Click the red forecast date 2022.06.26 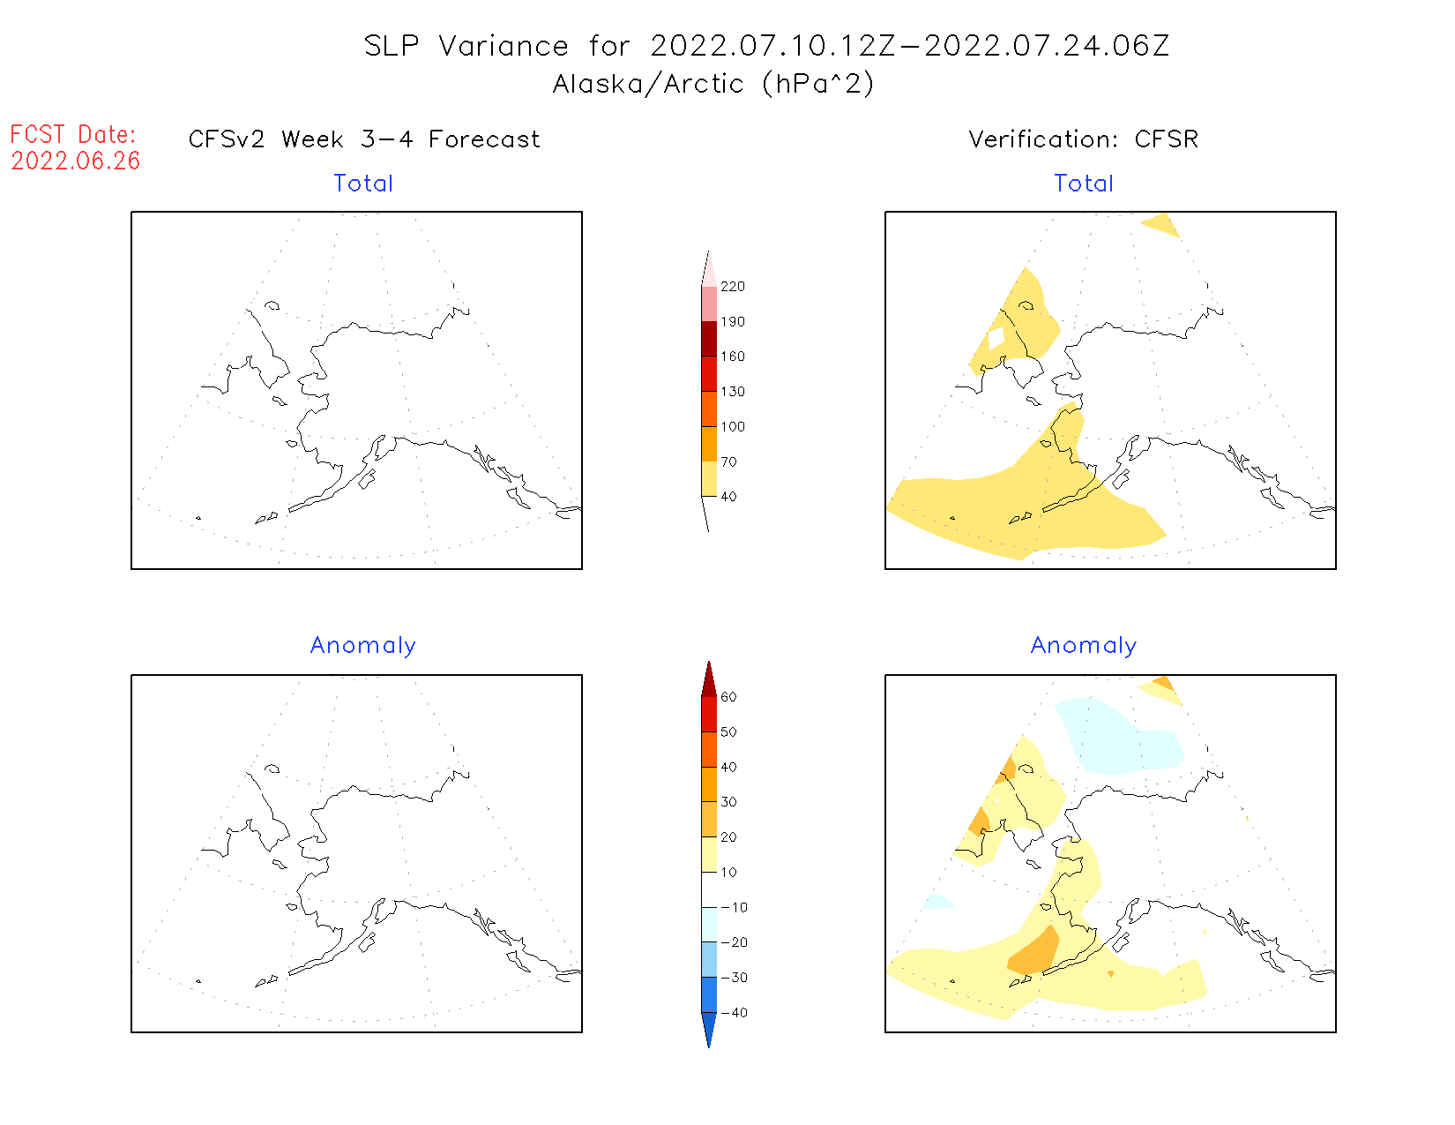tap(76, 161)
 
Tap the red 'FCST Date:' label tap(73, 134)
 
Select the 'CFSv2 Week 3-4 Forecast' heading tap(364, 139)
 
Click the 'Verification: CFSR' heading tap(1083, 139)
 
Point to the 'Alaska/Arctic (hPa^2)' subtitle tap(713, 84)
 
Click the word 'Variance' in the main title tap(504, 46)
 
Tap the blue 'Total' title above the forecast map tap(363, 184)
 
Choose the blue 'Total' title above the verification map tap(1084, 184)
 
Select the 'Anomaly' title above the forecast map tap(363, 646)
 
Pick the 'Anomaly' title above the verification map tap(1084, 646)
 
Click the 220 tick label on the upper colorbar tap(733, 287)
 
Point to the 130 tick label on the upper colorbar tap(733, 392)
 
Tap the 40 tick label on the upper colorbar tap(729, 497)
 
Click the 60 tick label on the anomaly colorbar tap(729, 697)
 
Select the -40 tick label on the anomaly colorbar tap(734, 1013)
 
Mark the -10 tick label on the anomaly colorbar tap(734, 908)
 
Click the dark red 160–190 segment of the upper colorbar tap(709, 339)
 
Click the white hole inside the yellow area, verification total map tap(996, 340)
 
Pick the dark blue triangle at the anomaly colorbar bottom tap(709, 1028)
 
